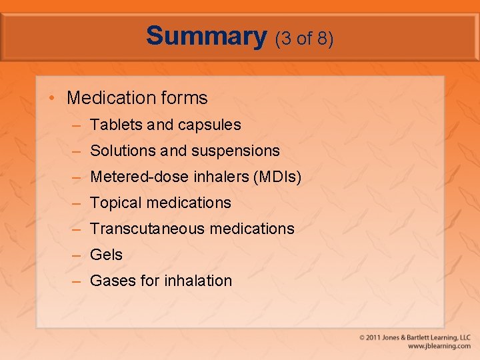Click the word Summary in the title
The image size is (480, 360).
point(206,36)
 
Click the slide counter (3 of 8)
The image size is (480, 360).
point(304,39)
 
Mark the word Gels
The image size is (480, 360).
point(106,255)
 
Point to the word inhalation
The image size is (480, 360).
point(198,281)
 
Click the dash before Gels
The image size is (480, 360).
point(77,255)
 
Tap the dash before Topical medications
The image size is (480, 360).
point(77,203)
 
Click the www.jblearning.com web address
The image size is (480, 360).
point(439,346)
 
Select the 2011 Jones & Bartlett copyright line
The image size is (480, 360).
point(415,337)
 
